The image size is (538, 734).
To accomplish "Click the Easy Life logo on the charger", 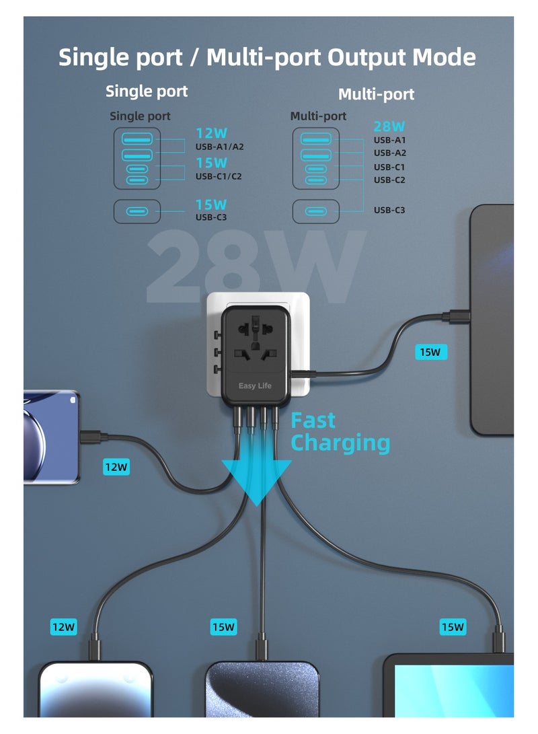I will [x=254, y=386].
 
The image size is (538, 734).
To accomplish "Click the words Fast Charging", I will [x=340, y=432].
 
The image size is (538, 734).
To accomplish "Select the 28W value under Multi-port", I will [x=389, y=126].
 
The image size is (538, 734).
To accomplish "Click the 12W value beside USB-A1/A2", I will [x=211, y=133].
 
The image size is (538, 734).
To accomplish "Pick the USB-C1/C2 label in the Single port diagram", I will [x=219, y=177].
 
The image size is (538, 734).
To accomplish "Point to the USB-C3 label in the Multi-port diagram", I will [x=389, y=211].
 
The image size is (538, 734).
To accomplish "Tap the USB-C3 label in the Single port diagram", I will [x=211, y=217].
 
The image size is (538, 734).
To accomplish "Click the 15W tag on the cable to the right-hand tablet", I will [x=430, y=351].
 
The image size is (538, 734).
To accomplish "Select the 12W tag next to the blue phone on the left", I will [x=116, y=466].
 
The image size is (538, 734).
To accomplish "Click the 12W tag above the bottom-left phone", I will [x=64, y=627].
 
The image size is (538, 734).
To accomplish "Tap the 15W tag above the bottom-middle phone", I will [x=223, y=627].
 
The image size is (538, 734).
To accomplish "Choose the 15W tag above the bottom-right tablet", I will [x=453, y=627].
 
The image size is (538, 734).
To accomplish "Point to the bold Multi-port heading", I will [x=376, y=94].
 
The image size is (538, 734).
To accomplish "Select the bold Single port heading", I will [x=147, y=91].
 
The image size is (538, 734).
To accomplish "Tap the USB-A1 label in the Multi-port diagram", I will [x=389, y=140].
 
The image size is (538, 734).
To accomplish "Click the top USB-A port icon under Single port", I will [x=137, y=139].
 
